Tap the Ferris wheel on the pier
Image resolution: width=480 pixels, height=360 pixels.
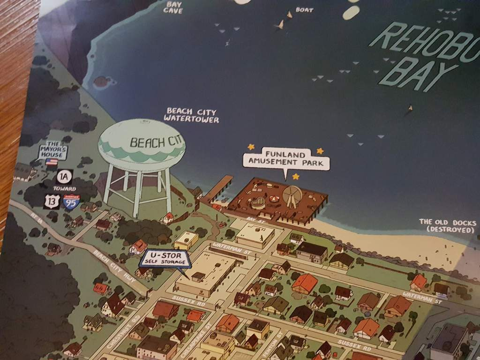tap(292, 198)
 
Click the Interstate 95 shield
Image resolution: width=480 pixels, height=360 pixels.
tap(71, 202)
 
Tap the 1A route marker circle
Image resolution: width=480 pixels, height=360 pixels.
tap(64, 177)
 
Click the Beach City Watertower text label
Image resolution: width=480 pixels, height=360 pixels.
tap(191, 115)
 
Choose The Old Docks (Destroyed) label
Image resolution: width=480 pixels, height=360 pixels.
tap(447, 226)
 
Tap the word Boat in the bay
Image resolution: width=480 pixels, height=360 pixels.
tap(304, 9)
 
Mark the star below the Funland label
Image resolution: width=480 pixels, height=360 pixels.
tap(296, 177)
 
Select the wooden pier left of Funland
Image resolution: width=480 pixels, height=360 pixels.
tap(216, 190)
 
